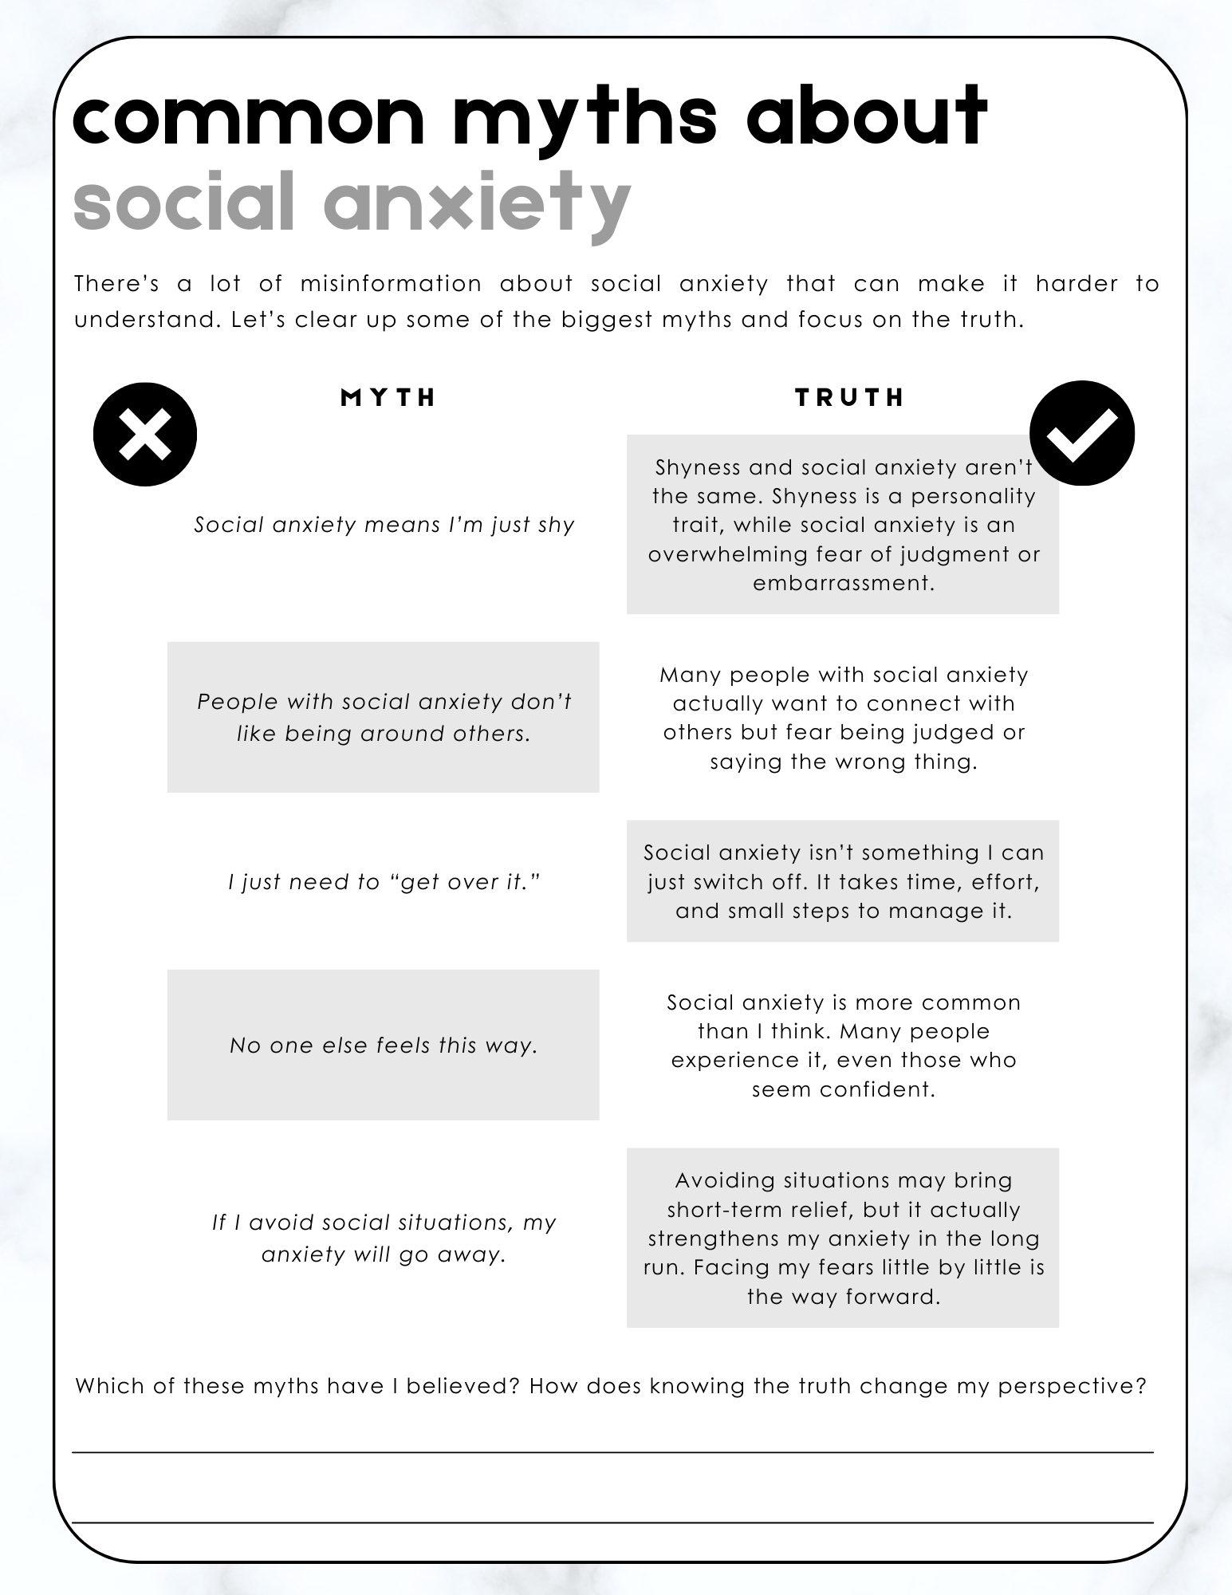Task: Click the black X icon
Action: (x=145, y=435)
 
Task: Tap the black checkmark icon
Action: (x=1082, y=434)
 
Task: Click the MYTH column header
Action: (x=388, y=397)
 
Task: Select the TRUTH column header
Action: (x=850, y=397)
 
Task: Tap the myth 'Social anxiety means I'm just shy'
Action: (x=384, y=525)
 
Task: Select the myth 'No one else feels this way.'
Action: (x=384, y=1046)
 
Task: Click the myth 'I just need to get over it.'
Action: (x=384, y=882)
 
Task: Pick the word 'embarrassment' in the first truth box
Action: (x=843, y=583)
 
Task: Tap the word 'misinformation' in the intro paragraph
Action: (x=391, y=284)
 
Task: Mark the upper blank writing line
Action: (x=612, y=1452)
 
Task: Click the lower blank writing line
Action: (x=612, y=1522)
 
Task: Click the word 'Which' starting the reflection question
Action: (x=107, y=1386)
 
